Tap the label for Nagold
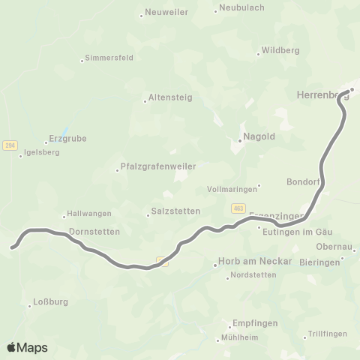[x=256, y=138]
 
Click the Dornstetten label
[x=94, y=232]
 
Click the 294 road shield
[x=10, y=145]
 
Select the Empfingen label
[x=255, y=323]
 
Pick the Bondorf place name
[x=304, y=182]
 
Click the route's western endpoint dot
[x=12, y=245]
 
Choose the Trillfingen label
[x=328, y=334]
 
